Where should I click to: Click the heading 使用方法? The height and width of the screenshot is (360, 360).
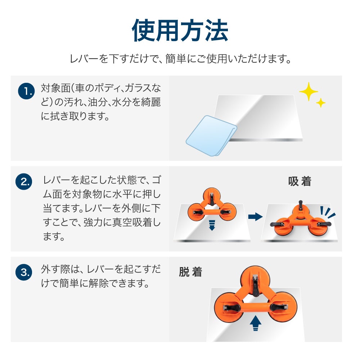pyautogui.click(x=180, y=30)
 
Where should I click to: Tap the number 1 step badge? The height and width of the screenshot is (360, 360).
pyautogui.click(x=26, y=91)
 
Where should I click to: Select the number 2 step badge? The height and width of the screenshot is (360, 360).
pyautogui.click(x=24, y=181)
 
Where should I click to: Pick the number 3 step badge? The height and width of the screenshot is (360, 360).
pyautogui.click(x=24, y=272)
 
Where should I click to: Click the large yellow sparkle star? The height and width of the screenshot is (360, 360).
pyautogui.click(x=309, y=91)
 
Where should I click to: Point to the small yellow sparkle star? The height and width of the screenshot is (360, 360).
pyautogui.click(x=320, y=103)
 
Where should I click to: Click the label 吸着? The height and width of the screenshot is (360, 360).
pyautogui.click(x=300, y=181)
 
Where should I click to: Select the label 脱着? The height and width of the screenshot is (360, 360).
pyautogui.click(x=190, y=272)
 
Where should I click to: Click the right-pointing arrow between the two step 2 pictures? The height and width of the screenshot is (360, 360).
pyautogui.click(x=255, y=216)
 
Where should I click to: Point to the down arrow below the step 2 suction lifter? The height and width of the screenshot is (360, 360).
pyautogui.click(x=212, y=225)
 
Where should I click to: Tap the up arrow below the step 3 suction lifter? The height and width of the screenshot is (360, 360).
pyautogui.click(x=255, y=323)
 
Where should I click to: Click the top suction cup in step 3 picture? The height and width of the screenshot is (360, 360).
pyautogui.click(x=255, y=280)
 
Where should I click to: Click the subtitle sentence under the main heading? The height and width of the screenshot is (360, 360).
pyautogui.click(x=180, y=59)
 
